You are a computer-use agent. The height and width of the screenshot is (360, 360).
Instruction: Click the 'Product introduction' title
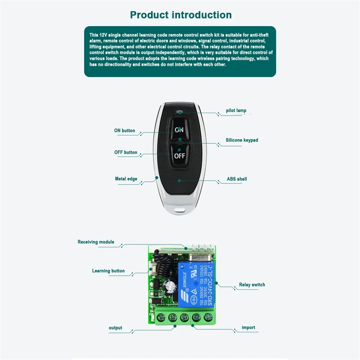point(181,15)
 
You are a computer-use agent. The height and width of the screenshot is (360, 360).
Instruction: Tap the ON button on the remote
point(179,130)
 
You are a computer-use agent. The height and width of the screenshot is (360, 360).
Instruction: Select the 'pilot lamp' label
point(236,111)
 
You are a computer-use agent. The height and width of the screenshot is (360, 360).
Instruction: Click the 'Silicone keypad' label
point(242,140)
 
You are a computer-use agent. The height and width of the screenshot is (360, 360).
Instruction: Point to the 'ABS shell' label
point(237,179)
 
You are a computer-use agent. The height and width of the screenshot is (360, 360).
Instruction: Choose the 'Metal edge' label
point(126,179)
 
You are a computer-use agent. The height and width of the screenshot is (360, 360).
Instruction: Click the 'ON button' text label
point(125,131)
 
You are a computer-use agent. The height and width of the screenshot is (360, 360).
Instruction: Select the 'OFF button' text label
point(126,152)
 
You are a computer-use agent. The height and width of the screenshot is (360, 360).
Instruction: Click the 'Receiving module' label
point(96,242)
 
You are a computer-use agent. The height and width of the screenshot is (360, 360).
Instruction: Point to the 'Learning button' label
point(108,271)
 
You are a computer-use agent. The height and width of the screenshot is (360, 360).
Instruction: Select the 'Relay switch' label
point(252,285)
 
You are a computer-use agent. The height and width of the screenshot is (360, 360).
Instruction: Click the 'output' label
point(116,328)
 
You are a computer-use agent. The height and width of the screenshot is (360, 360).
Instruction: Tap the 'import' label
point(248,328)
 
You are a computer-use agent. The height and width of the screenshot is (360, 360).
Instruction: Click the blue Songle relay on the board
point(196,284)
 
